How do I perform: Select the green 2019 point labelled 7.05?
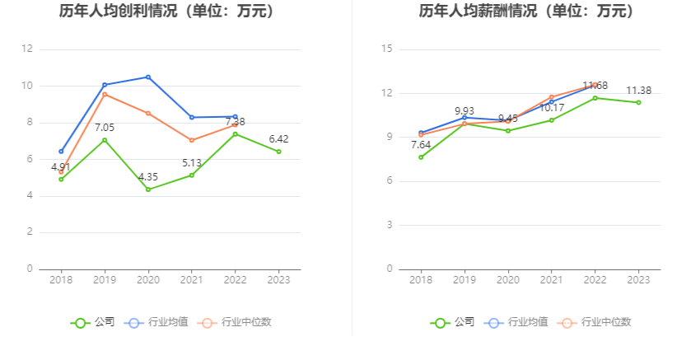click(105, 140)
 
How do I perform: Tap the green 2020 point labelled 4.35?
click(148, 189)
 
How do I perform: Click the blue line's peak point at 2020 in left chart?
click(148, 77)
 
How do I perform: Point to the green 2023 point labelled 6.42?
click(278, 152)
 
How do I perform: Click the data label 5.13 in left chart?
click(192, 163)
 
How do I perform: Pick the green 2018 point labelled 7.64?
click(421, 157)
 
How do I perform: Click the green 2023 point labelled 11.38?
click(638, 102)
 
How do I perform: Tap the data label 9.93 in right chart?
click(465, 111)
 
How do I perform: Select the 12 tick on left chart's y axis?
click(27, 49)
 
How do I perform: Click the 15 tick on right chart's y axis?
click(387, 49)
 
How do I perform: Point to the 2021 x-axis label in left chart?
click(192, 280)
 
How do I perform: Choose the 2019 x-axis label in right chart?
click(464, 280)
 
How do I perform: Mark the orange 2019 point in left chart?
click(105, 94)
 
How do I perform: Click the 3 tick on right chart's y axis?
click(390, 225)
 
